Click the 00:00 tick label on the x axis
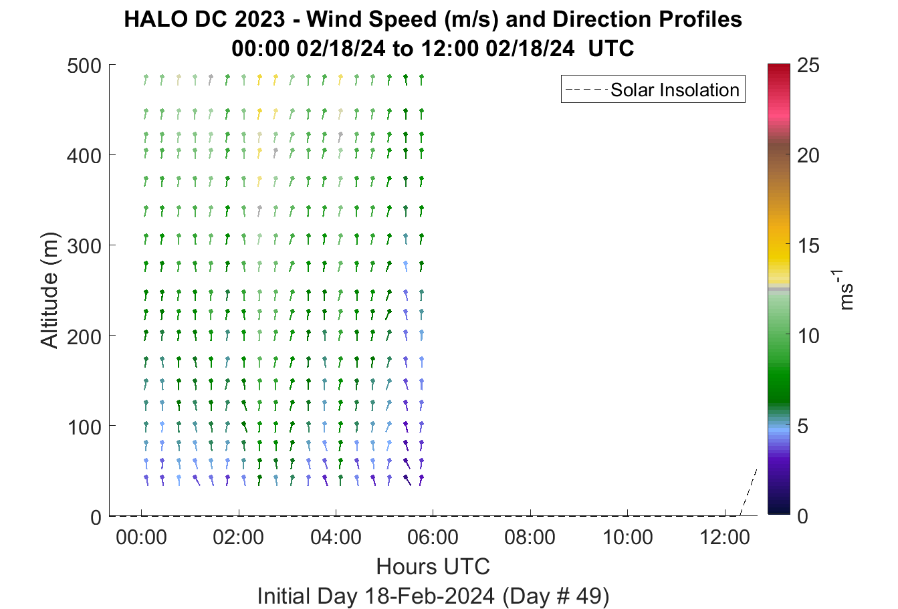click(141, 537)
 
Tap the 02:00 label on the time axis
click(238, 537)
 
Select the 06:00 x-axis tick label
click(433, 537)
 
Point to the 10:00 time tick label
click(628, 537)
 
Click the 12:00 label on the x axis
click(725, 537)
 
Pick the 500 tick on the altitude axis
click(84, 66)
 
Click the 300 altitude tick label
click(84, 246)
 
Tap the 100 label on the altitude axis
click(84, 427)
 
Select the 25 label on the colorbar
click(808, 65)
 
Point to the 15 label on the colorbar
click(808, 245)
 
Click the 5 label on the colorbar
click(802, 426)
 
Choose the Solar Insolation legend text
click(675, 90)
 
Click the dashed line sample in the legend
click(586, 90)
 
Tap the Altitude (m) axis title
click(49, 290)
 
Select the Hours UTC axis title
click(433, 566)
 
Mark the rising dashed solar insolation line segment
click(748, 492)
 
